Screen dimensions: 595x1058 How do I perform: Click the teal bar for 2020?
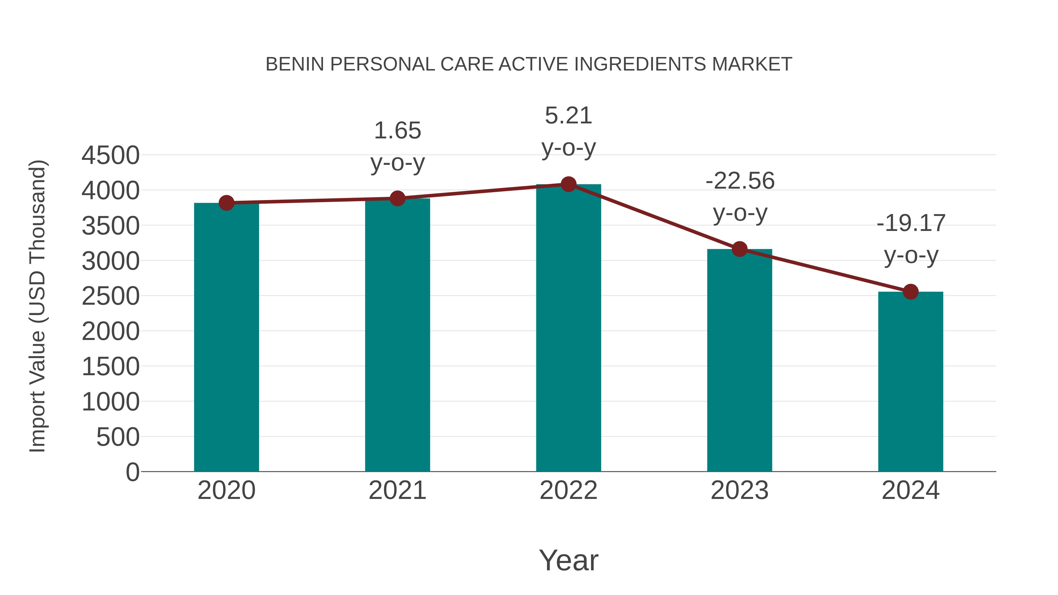coord(226,337)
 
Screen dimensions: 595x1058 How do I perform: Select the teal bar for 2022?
coord(568,328)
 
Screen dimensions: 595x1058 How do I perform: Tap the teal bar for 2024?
coord(910,382)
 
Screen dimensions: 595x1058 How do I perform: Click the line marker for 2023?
coord(740,249)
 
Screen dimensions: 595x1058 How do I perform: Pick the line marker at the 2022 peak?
coord(568,184)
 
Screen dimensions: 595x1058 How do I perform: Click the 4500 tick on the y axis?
coord(111,156)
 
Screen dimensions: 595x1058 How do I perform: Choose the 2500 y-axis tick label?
coord(111,296)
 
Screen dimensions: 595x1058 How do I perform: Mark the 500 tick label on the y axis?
coord(118,437)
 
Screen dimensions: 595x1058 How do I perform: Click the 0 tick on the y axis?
coord(132,472)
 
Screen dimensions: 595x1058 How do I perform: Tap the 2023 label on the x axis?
coord(740,490)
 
